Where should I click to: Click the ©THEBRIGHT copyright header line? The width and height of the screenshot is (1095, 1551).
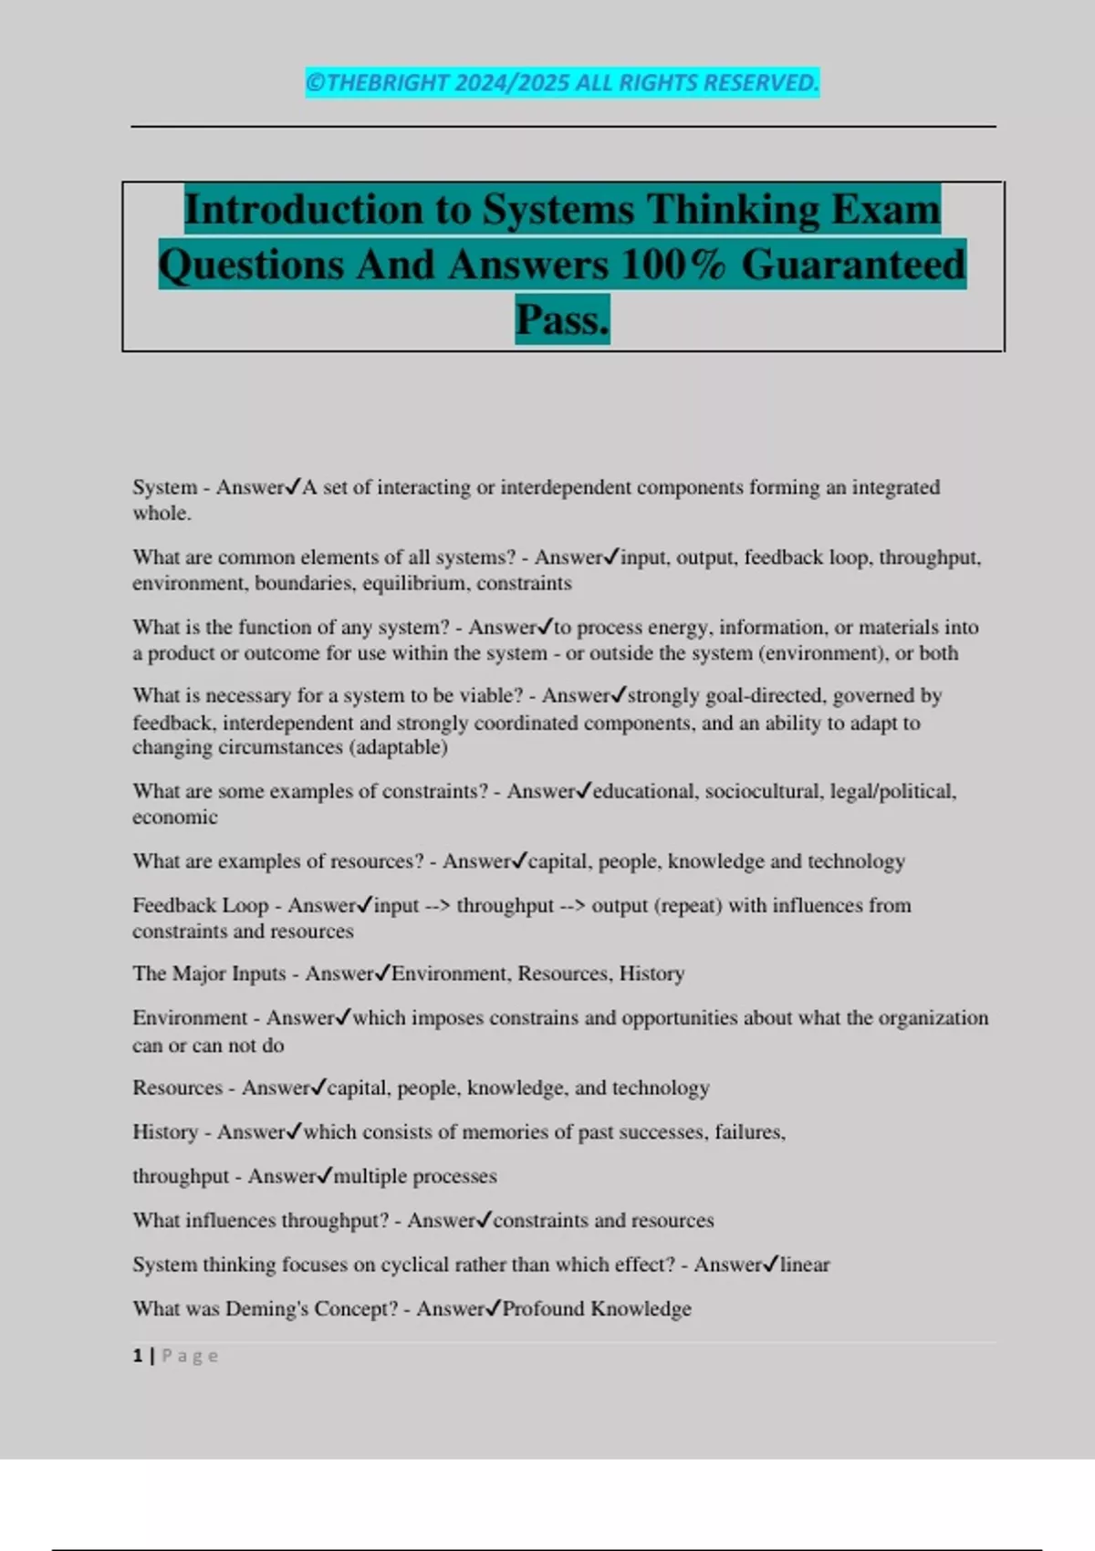(x=562, y=82)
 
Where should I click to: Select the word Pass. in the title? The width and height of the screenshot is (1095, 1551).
(x=562, y=319)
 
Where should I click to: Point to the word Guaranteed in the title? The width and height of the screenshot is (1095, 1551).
(x=853, y=265)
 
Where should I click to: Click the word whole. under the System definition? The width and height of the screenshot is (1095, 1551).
(x=162, y=514)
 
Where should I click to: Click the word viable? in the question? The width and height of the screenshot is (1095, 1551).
(x=493, y=696)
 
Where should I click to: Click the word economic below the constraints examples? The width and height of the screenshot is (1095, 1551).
(x=175, y=817)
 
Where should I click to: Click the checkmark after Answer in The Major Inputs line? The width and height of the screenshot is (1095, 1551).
(x=382, y=973)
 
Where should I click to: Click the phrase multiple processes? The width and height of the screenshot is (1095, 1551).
(x=415, y=1177)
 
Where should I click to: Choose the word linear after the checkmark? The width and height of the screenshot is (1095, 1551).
(x=805, y=1265)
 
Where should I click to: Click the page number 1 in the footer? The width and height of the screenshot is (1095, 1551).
(x=138, y=1356)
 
